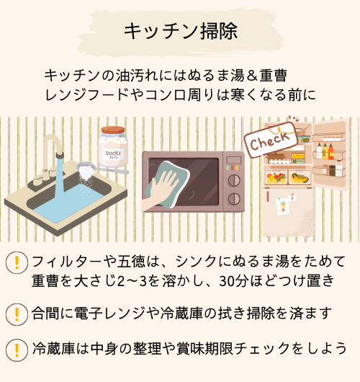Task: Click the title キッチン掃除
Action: (x=181, y=31)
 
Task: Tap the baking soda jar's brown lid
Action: (x=113, y=130)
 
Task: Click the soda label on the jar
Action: (x=113, y=154)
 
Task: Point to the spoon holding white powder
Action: (x=102, y=169)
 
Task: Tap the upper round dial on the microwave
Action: (x=234, y=180)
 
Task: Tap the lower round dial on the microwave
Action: (x=234, y=199)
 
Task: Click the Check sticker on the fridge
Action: (x=271, y=140)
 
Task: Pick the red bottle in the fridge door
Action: (x=330, y=151)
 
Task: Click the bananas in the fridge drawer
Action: (x=299, y=178)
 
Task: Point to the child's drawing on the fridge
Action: (x=283, y=206)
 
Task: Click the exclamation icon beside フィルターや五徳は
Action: (x=17, y=262)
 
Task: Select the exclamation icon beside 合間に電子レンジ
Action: (x=17, y=314)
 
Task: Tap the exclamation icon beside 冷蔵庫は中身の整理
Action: (x=17, y=350)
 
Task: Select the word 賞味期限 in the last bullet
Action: (x=205, y=348)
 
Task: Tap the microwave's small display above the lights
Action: (x=234, y=160)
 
